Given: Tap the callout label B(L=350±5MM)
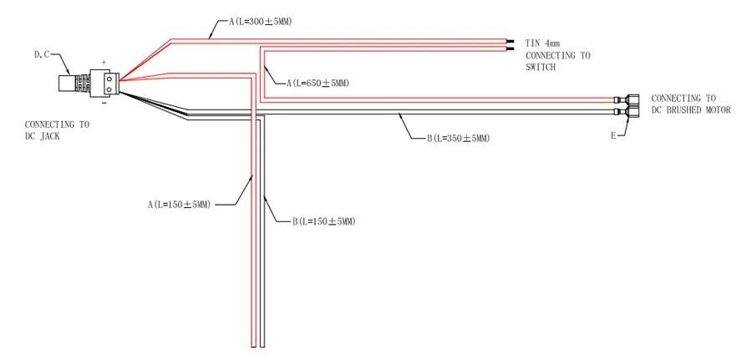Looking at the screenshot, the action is tap(458, 139).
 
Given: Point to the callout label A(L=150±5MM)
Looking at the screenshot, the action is tap(179, 205).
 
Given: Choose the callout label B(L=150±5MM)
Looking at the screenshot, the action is tap(323, 221).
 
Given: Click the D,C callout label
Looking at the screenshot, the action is tap(41, 54).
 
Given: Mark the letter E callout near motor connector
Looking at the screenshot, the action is tap(613, 136).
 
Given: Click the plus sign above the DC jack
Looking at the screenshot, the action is tap(103, 63).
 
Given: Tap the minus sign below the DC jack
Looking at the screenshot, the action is tap(104, 102).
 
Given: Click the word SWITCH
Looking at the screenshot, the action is tap(541, 68).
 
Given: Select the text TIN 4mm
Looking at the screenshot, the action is tap(542, 43).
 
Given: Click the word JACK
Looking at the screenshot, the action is tap(49, 137).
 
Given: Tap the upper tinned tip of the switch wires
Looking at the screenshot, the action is tap(510, 41).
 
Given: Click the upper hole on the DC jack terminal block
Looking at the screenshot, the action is tap(109, 78).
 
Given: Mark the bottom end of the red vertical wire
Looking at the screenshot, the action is tap(253, 346).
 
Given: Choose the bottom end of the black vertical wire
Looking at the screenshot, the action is tap(262, 346).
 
